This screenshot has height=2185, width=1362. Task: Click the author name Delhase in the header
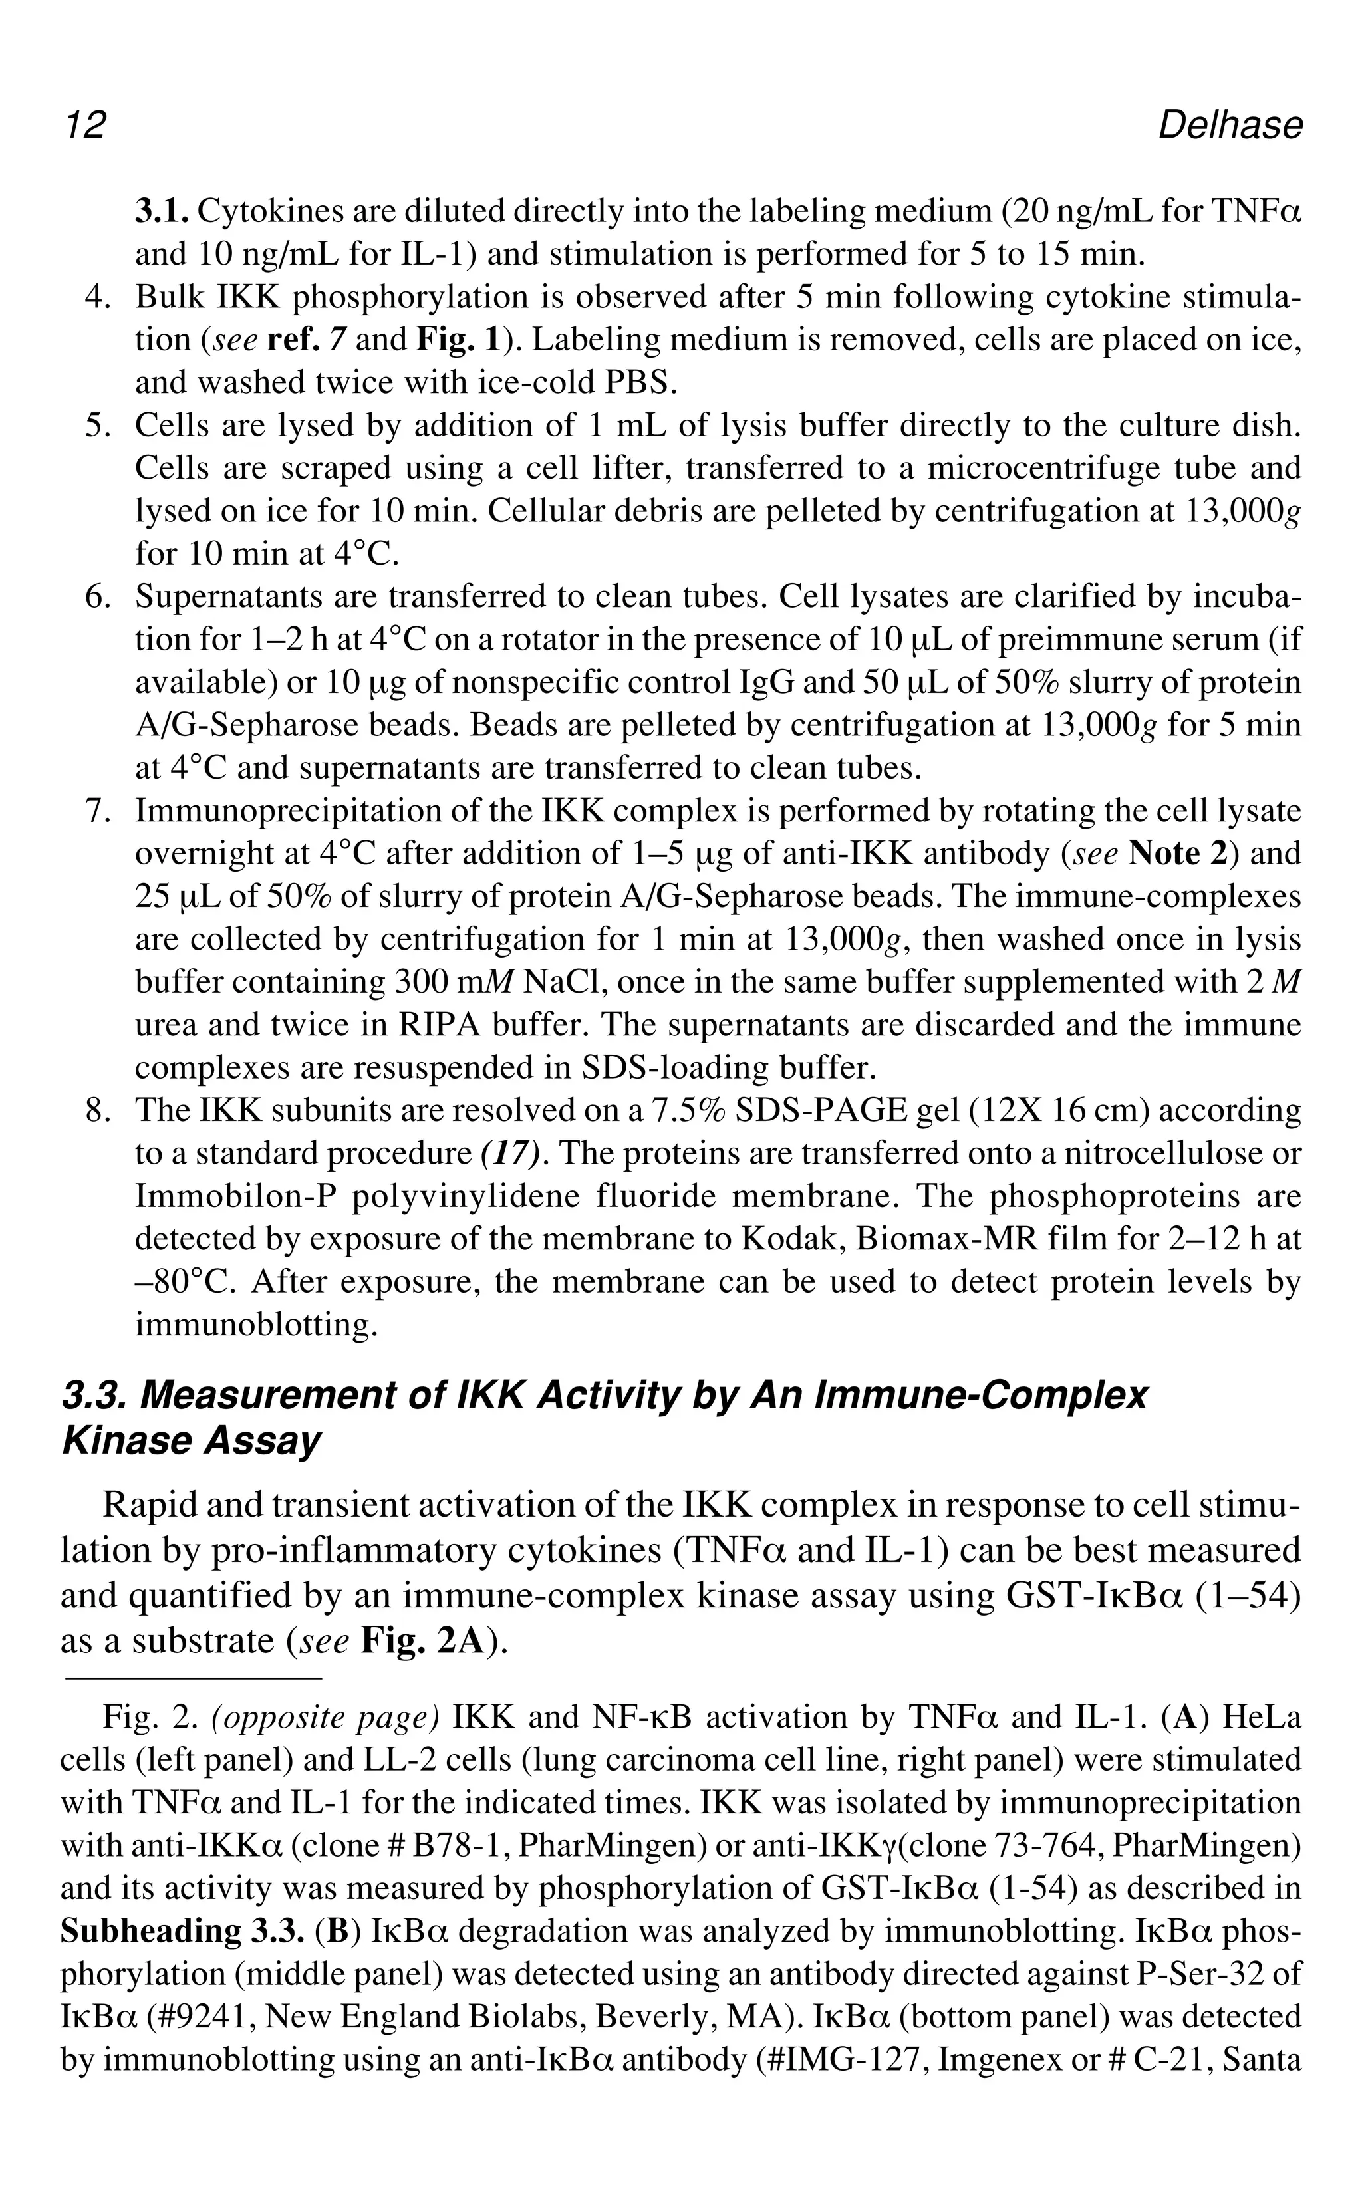pos(1229,124)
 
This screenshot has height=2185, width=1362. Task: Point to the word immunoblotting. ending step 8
pos(255,1325)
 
